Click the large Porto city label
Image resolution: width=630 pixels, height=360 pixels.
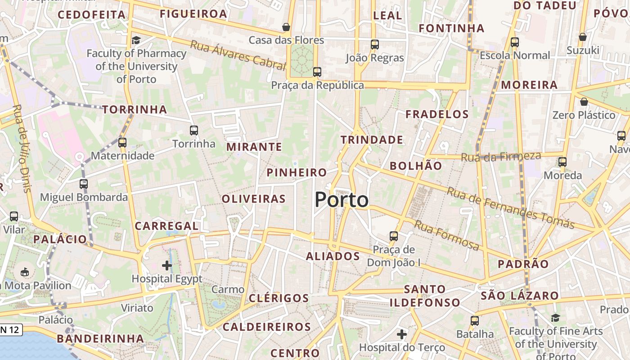coord(342,200)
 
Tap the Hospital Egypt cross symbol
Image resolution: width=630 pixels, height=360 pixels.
coord(167,265)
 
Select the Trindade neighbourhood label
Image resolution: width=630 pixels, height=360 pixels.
coord(372,140)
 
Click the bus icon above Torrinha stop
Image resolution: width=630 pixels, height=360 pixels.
coord(194,130)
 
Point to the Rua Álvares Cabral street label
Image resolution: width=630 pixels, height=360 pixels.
coord(238,55)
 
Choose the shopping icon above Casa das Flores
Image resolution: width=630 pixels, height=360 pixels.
coord(286,27)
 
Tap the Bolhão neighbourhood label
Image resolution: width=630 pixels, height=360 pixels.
coord(416,166)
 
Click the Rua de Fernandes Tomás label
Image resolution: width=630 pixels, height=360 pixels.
coord(510,207)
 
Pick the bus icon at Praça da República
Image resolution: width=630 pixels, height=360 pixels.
coord(317,72)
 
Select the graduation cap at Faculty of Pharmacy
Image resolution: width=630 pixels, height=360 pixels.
coord(136,40)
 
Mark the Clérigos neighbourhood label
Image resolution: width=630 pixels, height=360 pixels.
coord(279,298)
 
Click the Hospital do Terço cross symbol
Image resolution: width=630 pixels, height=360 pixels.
coord(402,334)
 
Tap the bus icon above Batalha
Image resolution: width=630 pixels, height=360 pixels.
coord(475,321)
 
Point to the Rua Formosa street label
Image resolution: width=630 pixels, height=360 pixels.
coord(446,235)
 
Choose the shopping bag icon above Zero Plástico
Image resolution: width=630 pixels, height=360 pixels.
coord(584,102)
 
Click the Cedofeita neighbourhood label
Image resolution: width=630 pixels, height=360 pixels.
coord(92,15)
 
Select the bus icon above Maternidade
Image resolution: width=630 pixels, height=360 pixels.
coord(122,143)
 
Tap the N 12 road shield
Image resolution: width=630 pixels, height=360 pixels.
coord(10,330)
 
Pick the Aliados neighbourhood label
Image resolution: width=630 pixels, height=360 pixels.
coord(333,256)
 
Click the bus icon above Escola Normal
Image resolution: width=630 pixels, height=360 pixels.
coord(515,42)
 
